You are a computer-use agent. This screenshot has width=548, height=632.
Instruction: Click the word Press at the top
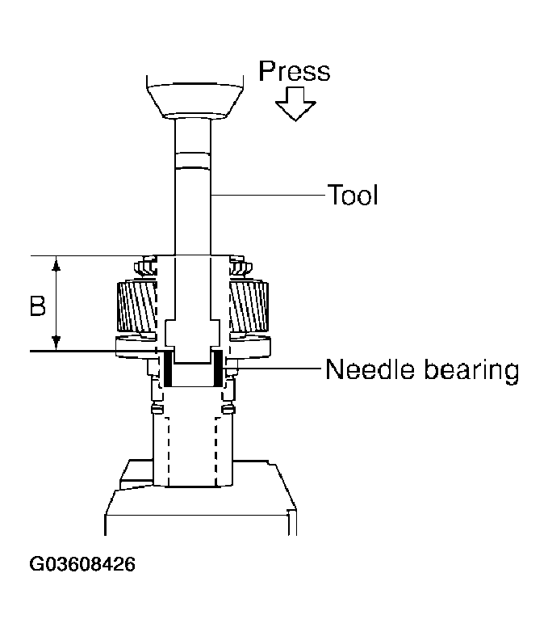tap(294, 71)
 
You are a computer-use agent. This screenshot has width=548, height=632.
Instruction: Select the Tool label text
tap(352, 195)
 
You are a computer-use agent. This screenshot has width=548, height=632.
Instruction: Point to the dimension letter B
tap(36, 306)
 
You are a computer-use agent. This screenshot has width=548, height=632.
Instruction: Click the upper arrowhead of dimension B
tap(56, 263)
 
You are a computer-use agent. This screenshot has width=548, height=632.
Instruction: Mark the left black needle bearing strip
tap(168, 367)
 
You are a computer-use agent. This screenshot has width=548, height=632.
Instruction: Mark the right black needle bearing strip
tap(217, 367)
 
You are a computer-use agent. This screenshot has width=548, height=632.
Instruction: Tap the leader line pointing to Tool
tap(266, 195)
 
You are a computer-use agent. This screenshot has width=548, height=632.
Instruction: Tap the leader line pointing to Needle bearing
tap(274, 370)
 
